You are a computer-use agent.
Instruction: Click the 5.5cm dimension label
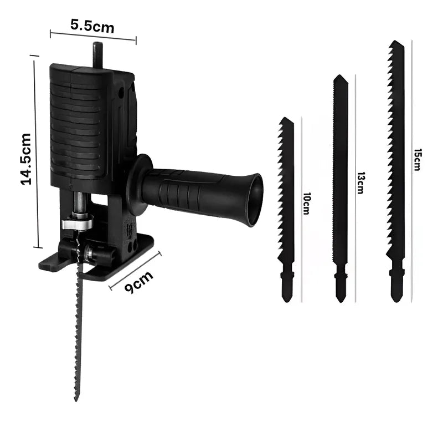click(92, 26)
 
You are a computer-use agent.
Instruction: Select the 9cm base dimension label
click(139, 282)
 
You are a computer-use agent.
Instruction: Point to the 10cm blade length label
click(306, 204)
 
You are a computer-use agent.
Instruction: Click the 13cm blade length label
click(359, 183)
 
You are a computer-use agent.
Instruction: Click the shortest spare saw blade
click(286, 210)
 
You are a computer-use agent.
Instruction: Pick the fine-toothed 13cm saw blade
click(341, 189)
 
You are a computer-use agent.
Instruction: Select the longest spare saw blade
click(396, 171)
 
